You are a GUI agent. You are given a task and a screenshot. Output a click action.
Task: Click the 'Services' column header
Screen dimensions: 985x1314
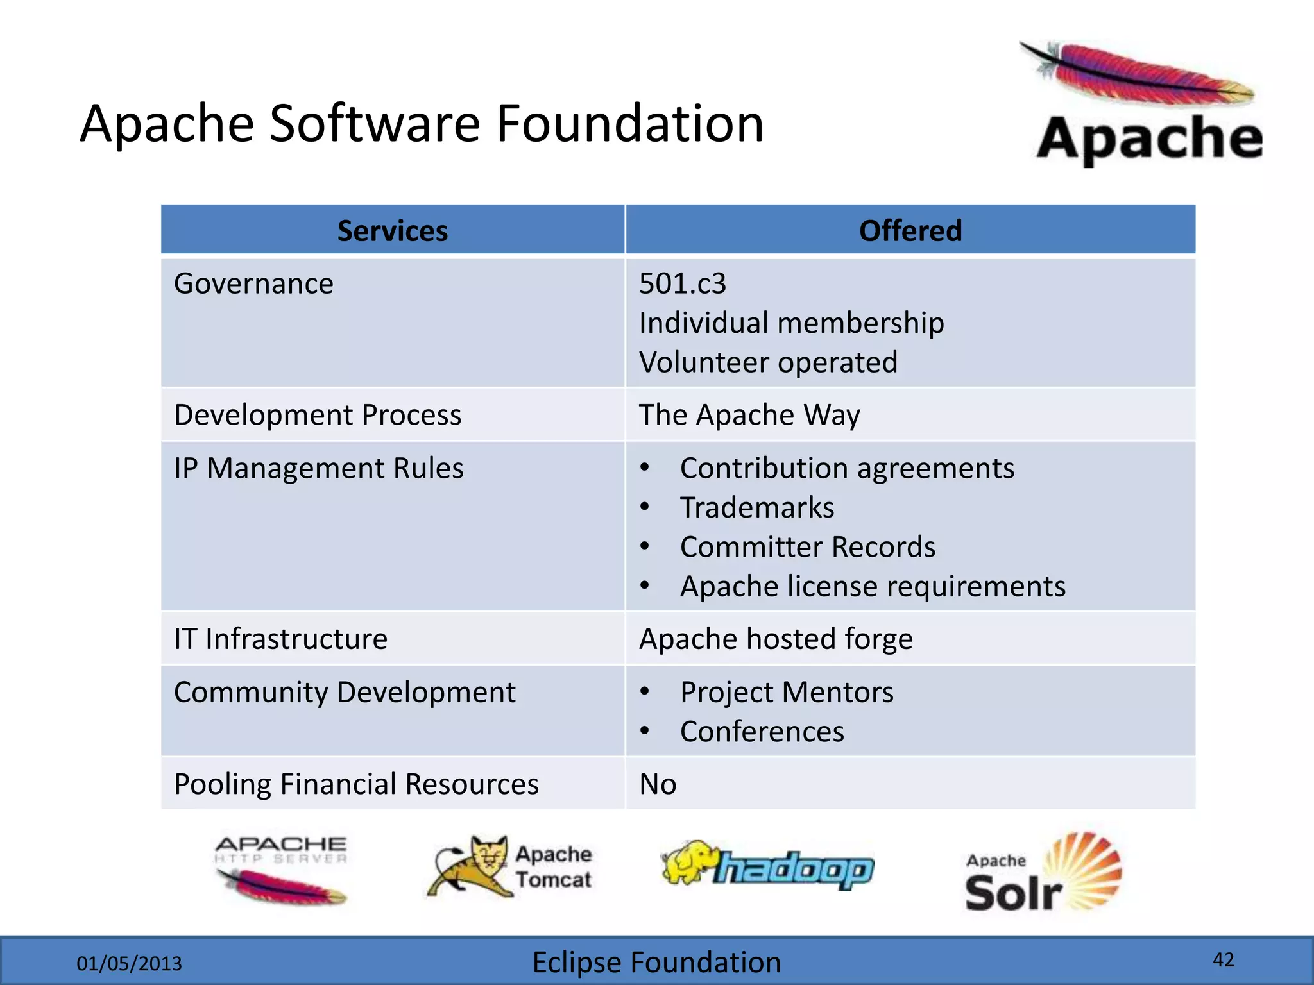click(x=392, y=231)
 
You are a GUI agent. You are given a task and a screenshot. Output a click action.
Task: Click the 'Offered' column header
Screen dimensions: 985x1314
click(x=910, y=231)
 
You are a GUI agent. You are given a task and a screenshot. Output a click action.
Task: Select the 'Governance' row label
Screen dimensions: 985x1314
click(x=253, y=283)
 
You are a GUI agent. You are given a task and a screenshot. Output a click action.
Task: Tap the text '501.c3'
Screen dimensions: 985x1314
click(x=683, y=283)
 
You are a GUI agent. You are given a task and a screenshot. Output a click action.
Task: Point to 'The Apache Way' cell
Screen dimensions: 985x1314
click(x=749, y=415)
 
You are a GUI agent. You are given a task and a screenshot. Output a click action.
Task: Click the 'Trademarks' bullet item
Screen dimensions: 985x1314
click(x=757, y=508)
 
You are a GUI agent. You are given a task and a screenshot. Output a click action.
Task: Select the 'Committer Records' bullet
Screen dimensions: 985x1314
click(x=807, y=547)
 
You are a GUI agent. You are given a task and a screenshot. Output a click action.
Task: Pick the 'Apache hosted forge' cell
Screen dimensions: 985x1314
click(x=776, y=639)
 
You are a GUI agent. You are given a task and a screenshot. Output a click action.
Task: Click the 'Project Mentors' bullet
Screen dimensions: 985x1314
click(x=787, y=693)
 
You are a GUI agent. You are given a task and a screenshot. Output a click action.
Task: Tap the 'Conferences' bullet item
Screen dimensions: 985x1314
click(x=762, y=732)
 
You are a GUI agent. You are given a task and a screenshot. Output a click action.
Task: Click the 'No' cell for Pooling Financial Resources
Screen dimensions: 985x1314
click(x=658, y=784)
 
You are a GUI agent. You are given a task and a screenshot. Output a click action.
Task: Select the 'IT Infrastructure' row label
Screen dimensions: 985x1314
click(x=280, y=639)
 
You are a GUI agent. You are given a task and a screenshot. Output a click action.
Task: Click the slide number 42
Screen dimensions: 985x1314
click(x=1223, y=960)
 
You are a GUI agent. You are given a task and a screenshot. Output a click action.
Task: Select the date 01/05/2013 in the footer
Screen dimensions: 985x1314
click(x=129, y=963)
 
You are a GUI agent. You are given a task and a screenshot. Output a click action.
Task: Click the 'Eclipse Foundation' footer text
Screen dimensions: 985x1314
click(x=656, y=963)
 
